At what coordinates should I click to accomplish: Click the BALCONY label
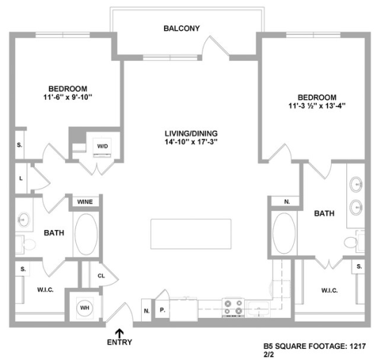(182, 29)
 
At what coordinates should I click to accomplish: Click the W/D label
(103, 146)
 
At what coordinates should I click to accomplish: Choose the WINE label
(85, 202)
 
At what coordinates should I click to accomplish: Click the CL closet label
(101, 275)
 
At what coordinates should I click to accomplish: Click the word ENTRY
(119, 343)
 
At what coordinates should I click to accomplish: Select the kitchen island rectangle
(190, 233)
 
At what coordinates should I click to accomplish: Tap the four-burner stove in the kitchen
(232, 307)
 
